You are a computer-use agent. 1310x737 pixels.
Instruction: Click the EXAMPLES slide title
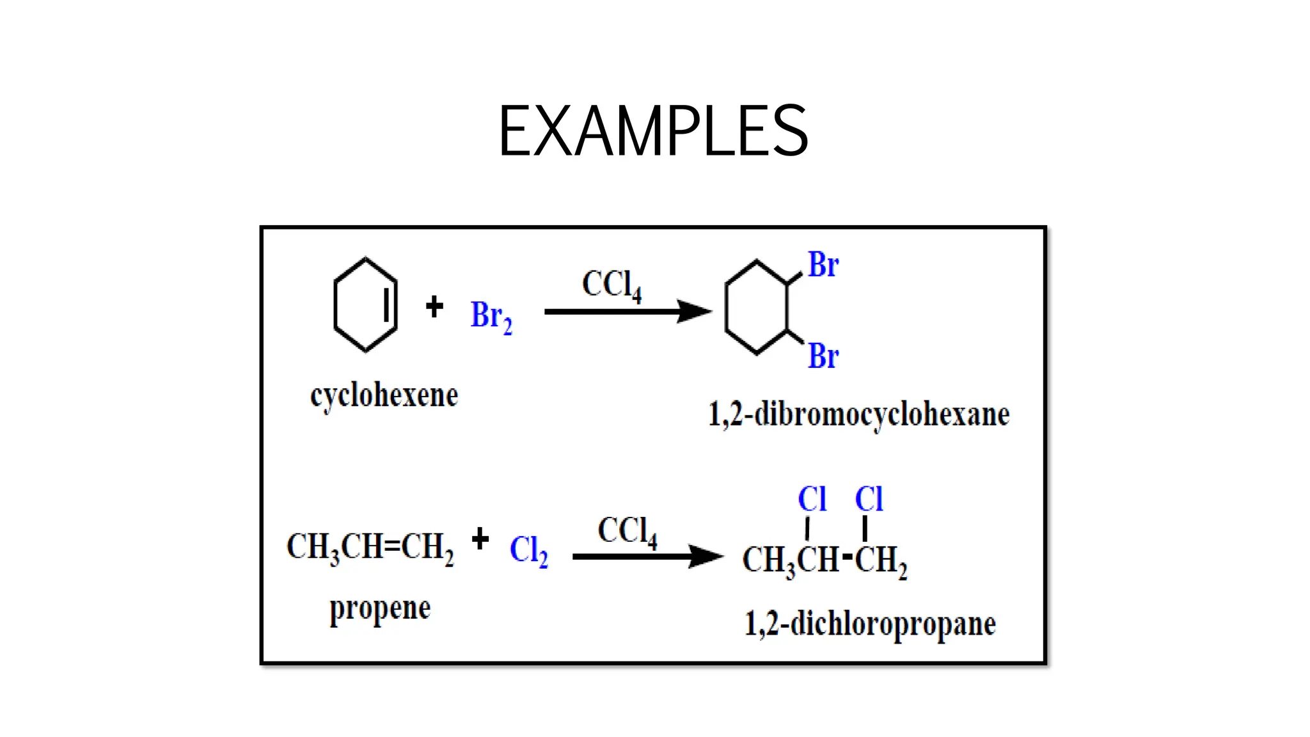point(653,131)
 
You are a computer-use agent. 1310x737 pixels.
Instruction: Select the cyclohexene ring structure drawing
point(365,305)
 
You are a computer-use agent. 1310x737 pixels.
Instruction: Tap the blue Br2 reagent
point(491,317)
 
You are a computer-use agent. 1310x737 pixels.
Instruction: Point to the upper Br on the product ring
point(823,265)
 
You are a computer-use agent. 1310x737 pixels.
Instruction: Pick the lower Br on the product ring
point(823,356)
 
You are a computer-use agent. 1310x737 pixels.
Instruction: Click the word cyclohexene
point(384,396)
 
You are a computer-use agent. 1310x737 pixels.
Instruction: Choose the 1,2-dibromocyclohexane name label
point(858,415)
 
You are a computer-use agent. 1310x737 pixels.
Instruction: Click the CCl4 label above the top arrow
point(611,284)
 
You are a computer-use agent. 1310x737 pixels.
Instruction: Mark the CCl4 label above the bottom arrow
point(627,532)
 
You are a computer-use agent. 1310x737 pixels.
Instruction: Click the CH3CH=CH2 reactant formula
point(370,548)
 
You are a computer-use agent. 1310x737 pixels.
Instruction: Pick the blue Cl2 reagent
point(528,550)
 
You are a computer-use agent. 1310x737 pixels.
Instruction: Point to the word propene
point(380,609)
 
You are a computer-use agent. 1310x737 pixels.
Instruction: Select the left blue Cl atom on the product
point(812,499)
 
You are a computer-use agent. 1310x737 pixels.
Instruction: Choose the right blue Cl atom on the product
point(869,499)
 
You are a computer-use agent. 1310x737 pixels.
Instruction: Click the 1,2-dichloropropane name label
point(870,624)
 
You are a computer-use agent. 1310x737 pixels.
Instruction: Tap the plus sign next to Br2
point(434,306)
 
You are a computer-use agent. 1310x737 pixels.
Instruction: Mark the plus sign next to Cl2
point(480,539)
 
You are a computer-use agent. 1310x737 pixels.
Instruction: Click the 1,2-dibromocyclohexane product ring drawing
point(757,307)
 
